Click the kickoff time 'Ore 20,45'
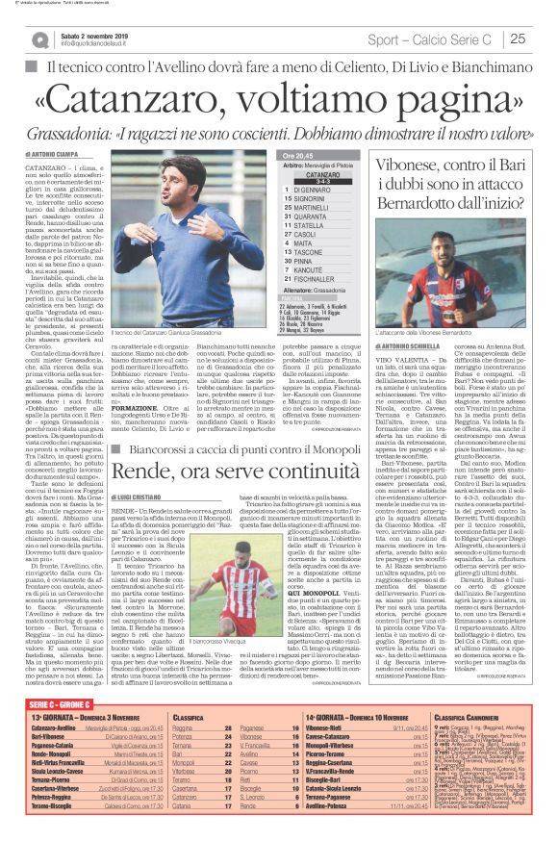(x=299, y=154)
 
